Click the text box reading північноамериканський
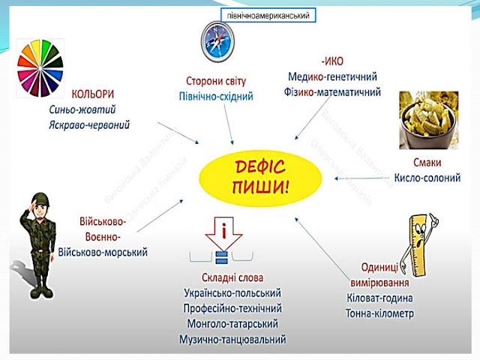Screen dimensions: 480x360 pyautogui.click(x=267, y=16)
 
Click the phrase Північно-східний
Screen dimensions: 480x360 pyautogui.click(x=216, y=97)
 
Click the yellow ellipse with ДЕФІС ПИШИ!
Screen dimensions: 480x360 pyautogui.click(x=255, y=175)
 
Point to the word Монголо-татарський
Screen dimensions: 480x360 pyautogui.click(x=230, y=323)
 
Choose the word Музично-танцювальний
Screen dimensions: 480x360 pyautogui.click(x=232, y=339)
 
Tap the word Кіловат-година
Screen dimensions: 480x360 pyautogui.click(x=384, y=298)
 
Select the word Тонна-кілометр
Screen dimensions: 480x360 pyautogui.click(x=381, y=313)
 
